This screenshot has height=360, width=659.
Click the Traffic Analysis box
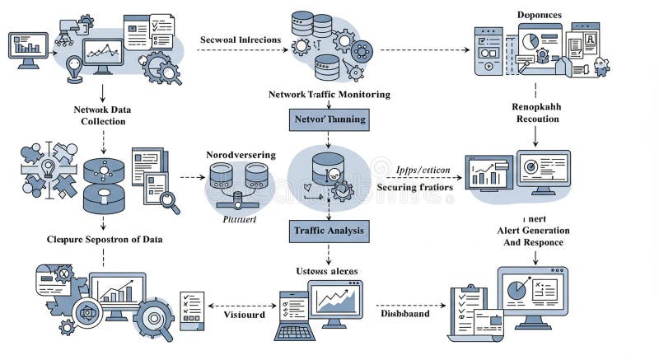pyautogui.click(x=329, y=231)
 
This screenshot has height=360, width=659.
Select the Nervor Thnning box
pyautogui.click(x=329, y=120)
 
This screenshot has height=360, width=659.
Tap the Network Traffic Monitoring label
pyautogui.click(x=329, y=95)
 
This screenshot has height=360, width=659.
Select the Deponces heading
pyautogui.click(x=539, y=15)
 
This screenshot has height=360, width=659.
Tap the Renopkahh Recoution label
pyautogui.click(x=537, y=113)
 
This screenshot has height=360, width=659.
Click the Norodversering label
pyautogui.click(x=241, y=154)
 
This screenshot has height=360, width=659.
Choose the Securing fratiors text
pyautogui.click(x=414, y=187)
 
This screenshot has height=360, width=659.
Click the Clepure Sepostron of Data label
pyautogui.click(x=104, y=239)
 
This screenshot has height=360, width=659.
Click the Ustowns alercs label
pyautogui.click(x=328, y=270)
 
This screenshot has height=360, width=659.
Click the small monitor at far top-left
pyautogui.click(x=28, y=48)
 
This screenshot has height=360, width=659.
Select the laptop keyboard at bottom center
pyautogui.click(x=294, y=331)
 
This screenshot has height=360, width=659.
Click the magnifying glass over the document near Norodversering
pyautogui.click(x=170, y=200)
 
